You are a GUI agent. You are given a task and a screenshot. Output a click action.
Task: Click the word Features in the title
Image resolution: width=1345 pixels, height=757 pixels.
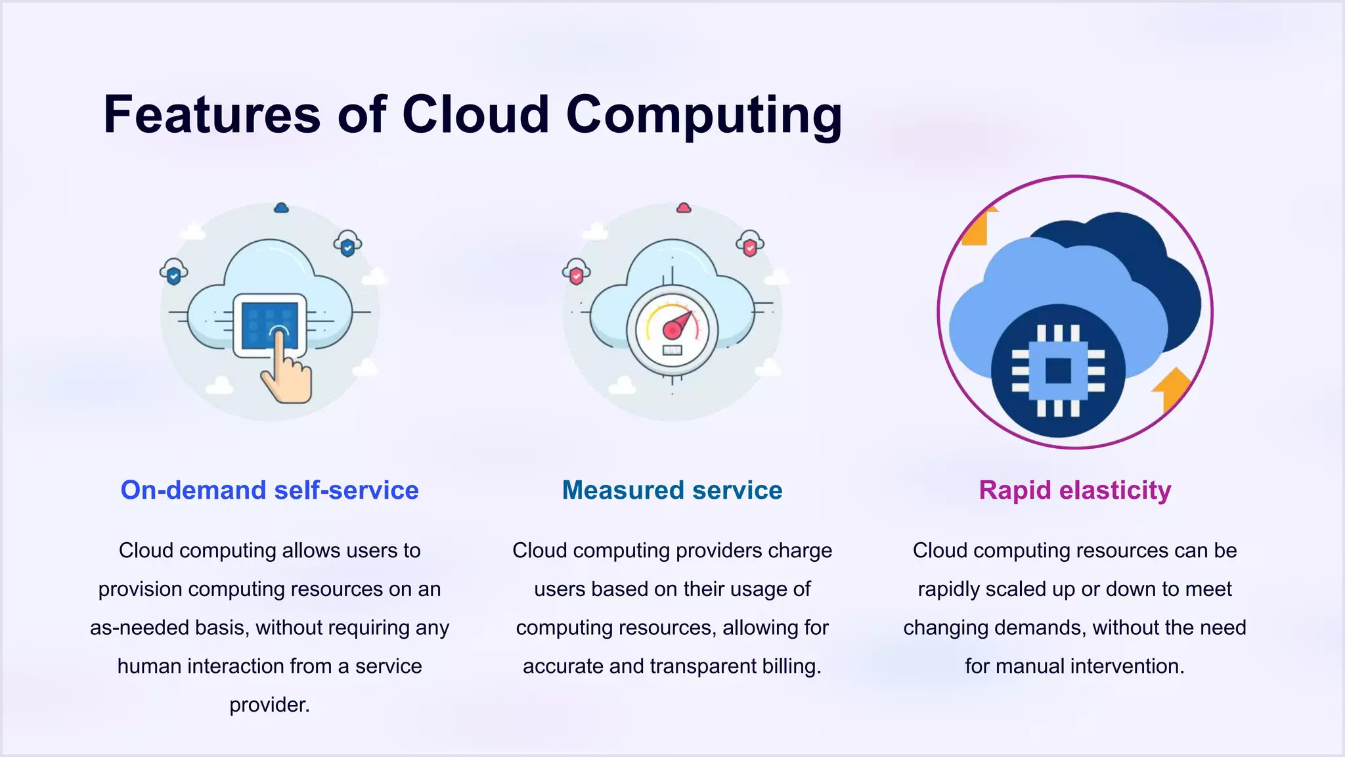[x=211, y=115]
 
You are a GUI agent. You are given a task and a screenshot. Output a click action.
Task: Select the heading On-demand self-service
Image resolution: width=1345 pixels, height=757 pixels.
[x=269, y=490]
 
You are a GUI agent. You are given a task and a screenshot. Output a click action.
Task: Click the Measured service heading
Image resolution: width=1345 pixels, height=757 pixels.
[x=672, y=490]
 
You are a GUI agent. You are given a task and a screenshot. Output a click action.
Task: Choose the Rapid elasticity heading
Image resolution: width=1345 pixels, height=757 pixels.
[x=1074, y=490]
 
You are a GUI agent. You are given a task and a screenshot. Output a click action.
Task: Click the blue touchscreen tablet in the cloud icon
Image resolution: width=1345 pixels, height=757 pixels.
[x=269, y=325]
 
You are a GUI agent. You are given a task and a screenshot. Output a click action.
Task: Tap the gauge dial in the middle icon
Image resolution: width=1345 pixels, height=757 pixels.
[x=672, y=329]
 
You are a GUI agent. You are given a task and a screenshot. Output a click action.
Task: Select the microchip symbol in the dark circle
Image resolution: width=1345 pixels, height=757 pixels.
[x=1057, y=371]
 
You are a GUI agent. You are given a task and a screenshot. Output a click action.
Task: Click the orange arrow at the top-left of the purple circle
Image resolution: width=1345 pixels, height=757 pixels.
[x=977, y=227]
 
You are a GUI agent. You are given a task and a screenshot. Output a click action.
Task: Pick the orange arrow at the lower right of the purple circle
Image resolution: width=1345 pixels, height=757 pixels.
[x=1172, y=389]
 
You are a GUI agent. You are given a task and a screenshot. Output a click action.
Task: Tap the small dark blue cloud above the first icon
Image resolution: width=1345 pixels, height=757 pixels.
[x=281, y=208]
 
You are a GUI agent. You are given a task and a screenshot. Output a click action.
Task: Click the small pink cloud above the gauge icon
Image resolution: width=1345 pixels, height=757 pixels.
[x=684, y=208]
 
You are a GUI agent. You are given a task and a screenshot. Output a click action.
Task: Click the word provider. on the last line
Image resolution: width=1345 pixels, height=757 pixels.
[x=269, y=705]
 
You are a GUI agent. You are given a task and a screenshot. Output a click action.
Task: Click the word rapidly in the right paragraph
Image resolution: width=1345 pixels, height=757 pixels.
[x=946, y=589]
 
